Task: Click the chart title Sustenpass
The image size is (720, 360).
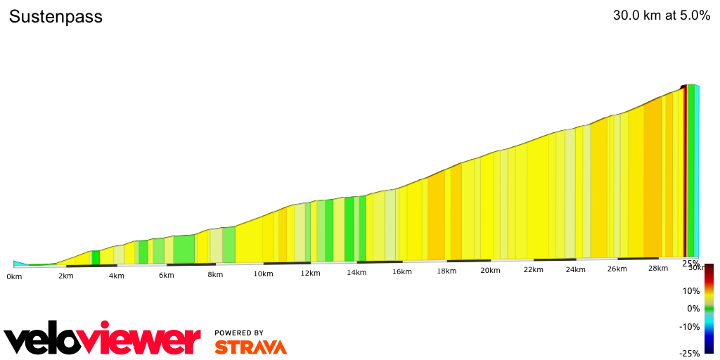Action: [56, 17]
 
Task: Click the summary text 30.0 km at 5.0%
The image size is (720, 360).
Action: [662, 16]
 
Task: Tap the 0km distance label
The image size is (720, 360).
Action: [14, 276]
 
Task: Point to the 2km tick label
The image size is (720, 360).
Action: [65, 276]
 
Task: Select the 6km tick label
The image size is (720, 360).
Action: [166, 275]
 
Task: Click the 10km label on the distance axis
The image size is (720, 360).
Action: [263, 274]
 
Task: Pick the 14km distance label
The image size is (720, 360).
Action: [356, 273]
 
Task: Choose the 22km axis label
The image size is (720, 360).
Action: [533, 270]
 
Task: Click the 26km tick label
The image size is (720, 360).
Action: [617, 269]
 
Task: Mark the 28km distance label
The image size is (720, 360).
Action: [658, 268]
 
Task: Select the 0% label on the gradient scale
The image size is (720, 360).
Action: [693, 308]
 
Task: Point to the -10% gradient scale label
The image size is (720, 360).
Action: [689, 326]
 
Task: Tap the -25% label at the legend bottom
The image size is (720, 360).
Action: [689, 354]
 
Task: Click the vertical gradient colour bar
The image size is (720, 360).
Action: [709, 308]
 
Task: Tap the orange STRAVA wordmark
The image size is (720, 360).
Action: [250, 347]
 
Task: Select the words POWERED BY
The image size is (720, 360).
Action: [239, 333]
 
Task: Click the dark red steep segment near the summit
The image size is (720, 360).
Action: [685, 172]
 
